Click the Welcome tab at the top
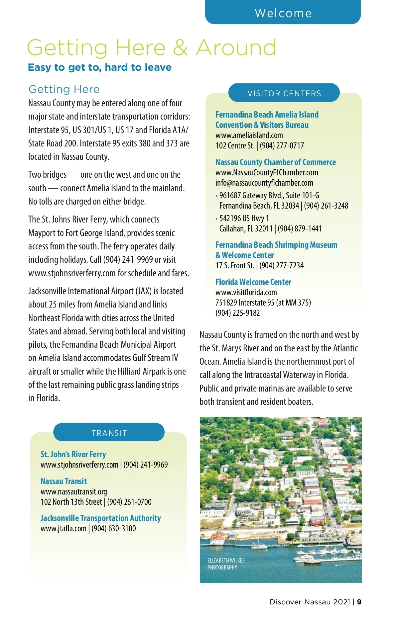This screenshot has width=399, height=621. (x=283, y=13)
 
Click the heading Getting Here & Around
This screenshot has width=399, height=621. (x=152, y=47)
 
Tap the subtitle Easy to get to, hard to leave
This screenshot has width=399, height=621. (x=100, y=67)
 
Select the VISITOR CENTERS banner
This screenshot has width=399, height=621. (x=284, y=93)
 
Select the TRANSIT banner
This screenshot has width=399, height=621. (x=109, y=433)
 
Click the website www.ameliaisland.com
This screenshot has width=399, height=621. (x=249, y=135)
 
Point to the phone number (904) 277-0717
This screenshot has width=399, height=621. (x=282, y=146)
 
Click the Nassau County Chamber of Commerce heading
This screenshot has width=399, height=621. (x=275, y=162)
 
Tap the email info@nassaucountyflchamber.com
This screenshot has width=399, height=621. (x=264, y=183)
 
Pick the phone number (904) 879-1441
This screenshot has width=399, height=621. (x=300, y=229)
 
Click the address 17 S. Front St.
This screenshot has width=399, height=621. (x=234, y=266)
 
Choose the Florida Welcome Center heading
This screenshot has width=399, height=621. (x=253, y=282)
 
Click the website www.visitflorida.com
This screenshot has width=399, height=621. (x=246, y=293)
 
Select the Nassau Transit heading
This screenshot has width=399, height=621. (x=64, y=482)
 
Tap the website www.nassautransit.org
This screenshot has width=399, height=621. (x=74, y=492)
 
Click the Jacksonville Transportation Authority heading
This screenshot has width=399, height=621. (x=100, y=518)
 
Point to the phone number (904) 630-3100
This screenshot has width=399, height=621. (x=114, y=529)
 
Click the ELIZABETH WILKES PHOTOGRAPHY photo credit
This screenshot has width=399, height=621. (x=226, y=564)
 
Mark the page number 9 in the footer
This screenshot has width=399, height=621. (x=359, y=602)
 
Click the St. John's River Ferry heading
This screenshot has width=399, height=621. (x=73, y=455)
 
